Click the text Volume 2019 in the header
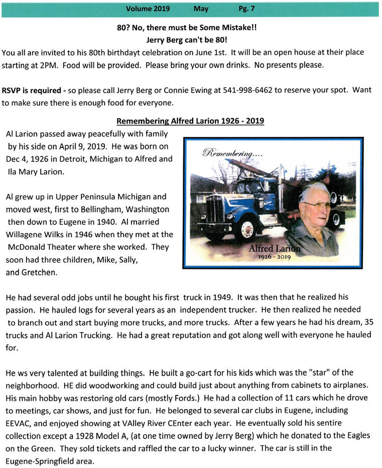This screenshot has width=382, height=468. (x=148, y=9)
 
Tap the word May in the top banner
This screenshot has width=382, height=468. (x=201, y=9)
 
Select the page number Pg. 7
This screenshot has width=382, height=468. (x=247, y=9)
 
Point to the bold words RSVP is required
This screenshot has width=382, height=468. (x=32, y=90)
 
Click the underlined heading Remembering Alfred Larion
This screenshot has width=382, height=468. (x=190, y=121)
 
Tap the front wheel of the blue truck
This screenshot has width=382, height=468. (x=248, y=229)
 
